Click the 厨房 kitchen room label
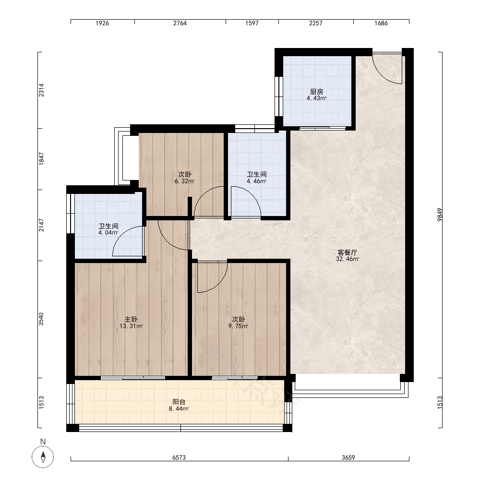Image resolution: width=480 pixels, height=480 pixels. [x=316, y=92]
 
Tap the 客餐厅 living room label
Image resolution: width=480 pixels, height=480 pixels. [x=347, y=252]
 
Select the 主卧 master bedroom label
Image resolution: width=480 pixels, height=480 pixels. [x=131, y=320]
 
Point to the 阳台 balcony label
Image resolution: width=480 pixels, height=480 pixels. [x=179, y=402]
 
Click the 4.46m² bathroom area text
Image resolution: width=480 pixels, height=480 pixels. [x=256, y=181]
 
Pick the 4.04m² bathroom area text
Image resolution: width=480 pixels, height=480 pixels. [x=108, y=233]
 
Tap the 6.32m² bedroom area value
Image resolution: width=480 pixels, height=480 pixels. [x=185, y=181]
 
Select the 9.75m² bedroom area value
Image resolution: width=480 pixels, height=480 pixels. [x=238, y=326]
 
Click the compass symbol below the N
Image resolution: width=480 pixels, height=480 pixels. [x=43, y=457]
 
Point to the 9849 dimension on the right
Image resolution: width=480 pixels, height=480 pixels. [x=440, y=215]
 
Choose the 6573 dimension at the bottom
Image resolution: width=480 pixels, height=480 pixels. [x=179, y=457]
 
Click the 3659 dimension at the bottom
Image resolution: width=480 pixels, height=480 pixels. [x=348, y=457]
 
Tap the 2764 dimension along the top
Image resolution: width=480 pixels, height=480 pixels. [x=180, y=23]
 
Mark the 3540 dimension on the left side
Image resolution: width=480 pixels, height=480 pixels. [x=41, y=319]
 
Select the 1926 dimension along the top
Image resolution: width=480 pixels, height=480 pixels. [x=102, y=23]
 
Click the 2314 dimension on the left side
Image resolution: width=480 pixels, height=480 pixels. [x=41, y=90]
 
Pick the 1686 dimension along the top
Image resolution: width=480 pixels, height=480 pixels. [x=381, y=23]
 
